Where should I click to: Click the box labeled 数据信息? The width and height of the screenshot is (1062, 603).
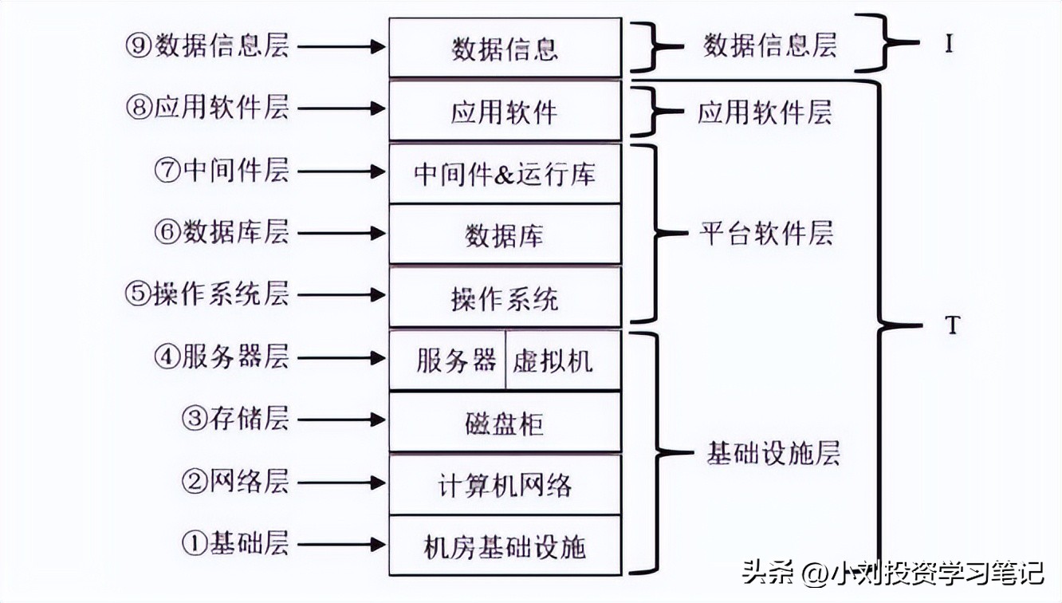point(505,48)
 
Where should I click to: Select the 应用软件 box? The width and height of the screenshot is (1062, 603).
point(505,111)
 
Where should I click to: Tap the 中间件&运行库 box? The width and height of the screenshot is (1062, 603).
point(505,174)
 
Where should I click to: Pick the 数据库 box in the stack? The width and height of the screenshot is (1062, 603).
point(505,235)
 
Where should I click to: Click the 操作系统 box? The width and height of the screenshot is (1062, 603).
point(505,297)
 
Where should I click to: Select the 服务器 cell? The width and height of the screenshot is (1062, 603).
point(447,361)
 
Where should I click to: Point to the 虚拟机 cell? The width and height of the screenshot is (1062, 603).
point(563,361)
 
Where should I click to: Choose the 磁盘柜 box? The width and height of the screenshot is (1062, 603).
point(505,422)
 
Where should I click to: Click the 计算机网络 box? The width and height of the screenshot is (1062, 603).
point(505,484)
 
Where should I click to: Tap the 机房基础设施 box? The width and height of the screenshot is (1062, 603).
point(505,546)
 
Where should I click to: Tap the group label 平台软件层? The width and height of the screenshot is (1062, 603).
point(766,234)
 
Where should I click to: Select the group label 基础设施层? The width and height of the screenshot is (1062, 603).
point(773,454)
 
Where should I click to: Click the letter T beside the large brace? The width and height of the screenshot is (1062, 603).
point(950,326)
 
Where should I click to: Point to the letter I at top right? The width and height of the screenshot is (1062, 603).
point(949,44)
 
